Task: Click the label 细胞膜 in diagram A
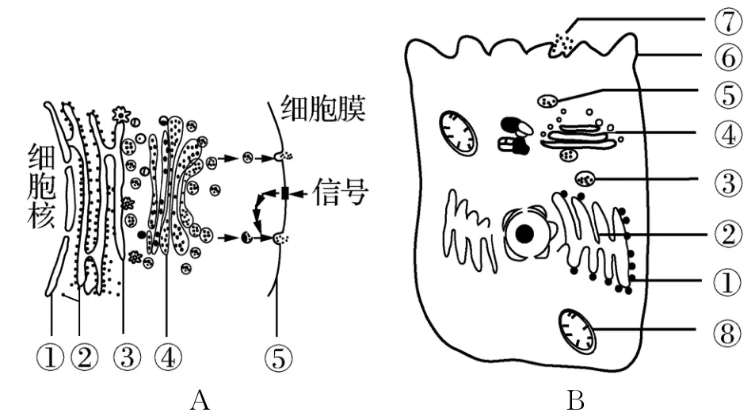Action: point(321,109)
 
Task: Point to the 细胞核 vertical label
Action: point(42,187)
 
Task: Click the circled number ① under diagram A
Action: point(51,358)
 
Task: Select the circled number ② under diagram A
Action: point(82,358)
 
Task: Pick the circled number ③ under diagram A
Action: point(124,358)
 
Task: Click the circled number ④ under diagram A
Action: point(166,358)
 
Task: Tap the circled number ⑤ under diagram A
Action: point(276,358)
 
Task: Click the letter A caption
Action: point(198,400)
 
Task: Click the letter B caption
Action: point(575,400)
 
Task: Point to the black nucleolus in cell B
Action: point(524,235)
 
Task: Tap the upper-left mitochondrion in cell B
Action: point(459,132)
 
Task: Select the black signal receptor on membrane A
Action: point(284,193)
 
